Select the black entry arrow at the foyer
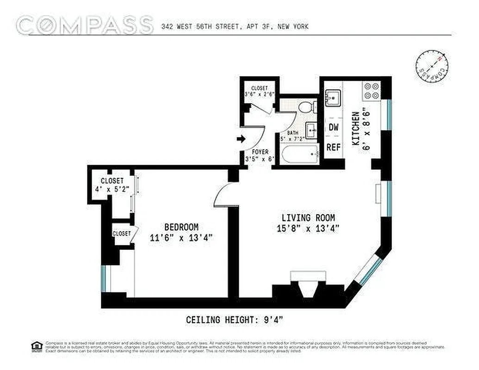pos(241,138)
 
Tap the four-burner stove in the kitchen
pos(372,91)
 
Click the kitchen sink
pos(333,98)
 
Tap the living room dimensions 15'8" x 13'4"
pos(308,228)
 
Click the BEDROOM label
pos(181,227)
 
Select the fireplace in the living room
pos(308,287)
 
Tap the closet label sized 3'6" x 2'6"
pos(260,91)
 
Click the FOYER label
pos(260,152)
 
